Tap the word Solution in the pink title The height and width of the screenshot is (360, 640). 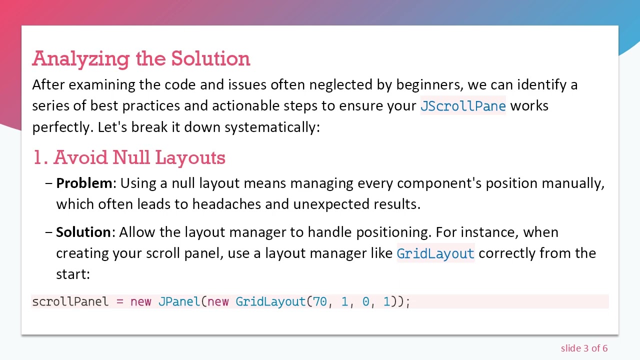point(210,59)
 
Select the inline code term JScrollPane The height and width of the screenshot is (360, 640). point(463,106)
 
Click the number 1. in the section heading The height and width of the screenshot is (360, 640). point(40,158)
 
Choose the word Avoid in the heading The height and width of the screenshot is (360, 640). point(81,158)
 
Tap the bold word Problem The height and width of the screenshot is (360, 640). point(84,183)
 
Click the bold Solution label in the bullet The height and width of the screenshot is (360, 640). point(83,232)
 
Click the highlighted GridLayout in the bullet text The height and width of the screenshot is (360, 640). point(435,253)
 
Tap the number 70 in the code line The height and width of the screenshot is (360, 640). point(320,302)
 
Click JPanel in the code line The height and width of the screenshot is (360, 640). point(178,302)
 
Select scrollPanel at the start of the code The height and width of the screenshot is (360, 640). point(70,302)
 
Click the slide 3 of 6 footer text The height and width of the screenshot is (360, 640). point(584,348)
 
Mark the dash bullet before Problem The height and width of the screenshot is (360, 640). point(48,183)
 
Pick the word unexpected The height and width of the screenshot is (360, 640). point(331,204)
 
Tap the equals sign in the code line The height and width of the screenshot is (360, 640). point(119,302)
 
